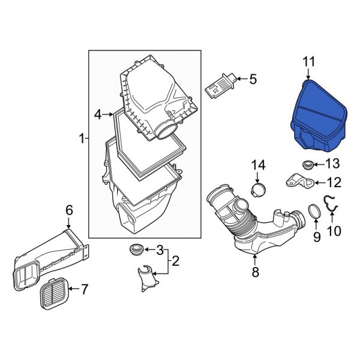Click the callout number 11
coord(308,61)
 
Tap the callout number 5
coord(253,79)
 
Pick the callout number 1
coord(82,139)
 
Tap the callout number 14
coord(257,164)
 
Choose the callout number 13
coord(332,164)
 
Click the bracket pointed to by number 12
coord(296,181)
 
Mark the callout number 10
coord(333,230)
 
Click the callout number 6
coord(69,209)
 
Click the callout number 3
coord(160,249)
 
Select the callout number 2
coord(175,261)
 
